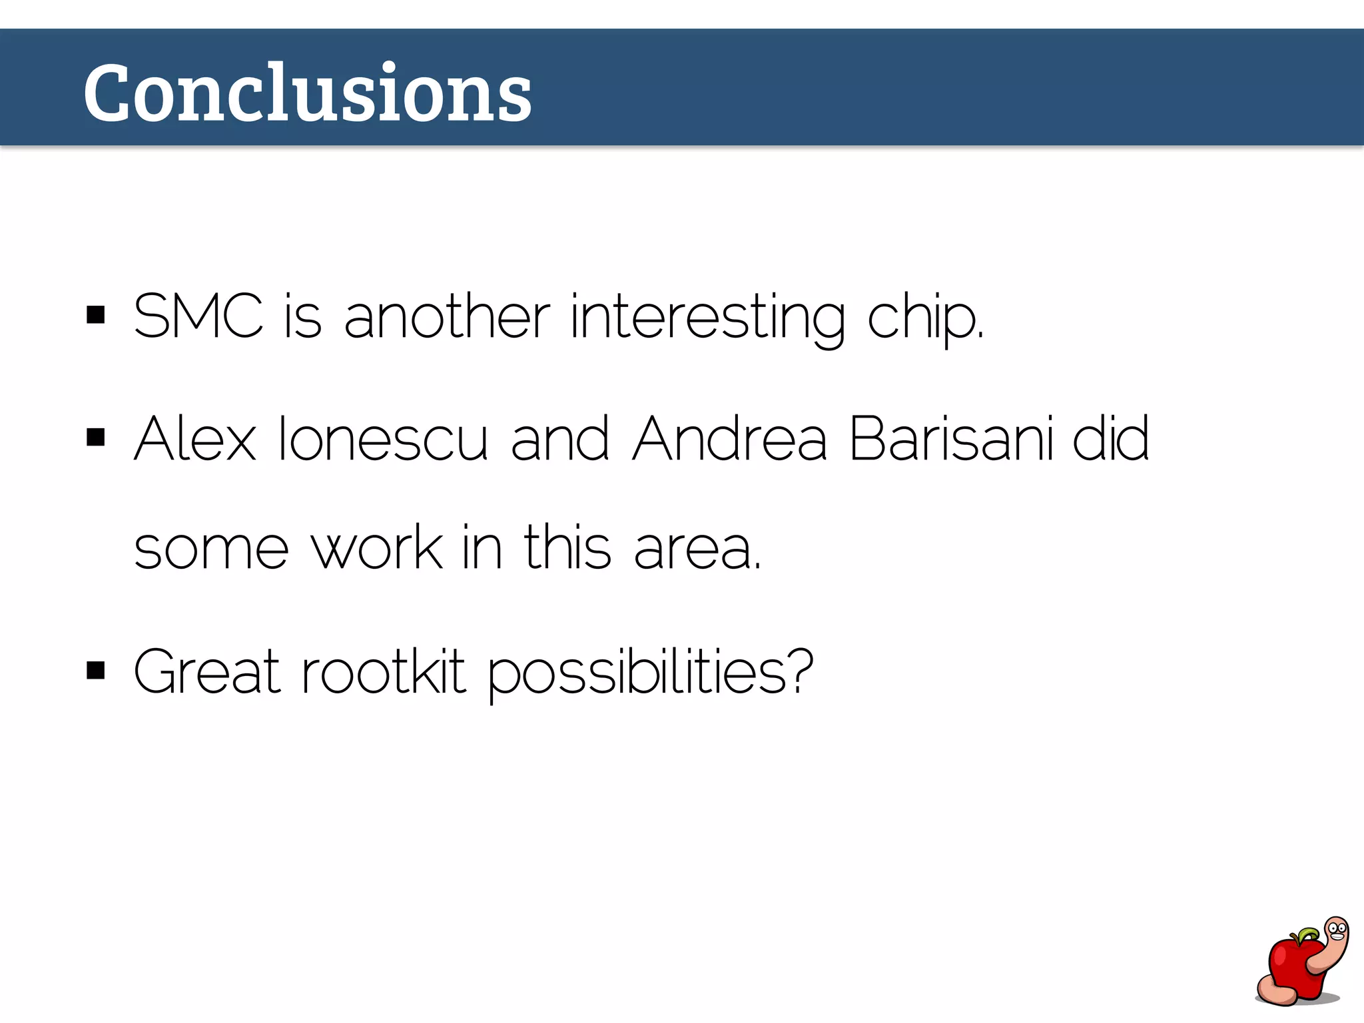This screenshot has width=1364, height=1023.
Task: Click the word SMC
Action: pyautogui.click(x=198, y=316)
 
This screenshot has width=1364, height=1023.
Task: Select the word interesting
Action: pyautogui.click(x=708, y=318)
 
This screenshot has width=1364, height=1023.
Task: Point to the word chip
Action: pyautogui.click(x=924, y=318)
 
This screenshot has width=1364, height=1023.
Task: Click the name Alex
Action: pyautogui.click(x=194, y=439)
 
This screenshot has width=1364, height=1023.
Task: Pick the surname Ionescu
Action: pyautogui.click(x=382, y=439)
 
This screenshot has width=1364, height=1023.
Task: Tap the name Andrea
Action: pyautogui.click(x=729, y=439)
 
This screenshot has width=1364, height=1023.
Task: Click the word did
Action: pyautogui.click(x=1110, y=439)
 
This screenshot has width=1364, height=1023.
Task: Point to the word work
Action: pyautogui.click(x=377, y=547)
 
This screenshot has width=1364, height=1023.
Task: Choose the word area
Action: pyautogui.click(x=696, y=549)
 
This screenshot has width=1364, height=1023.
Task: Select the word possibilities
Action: pyautogui.click(x=650, y=673)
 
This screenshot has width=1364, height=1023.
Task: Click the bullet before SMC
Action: pyautogui.click(x=96, y=315)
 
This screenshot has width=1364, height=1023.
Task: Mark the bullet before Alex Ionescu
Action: pyautogui.click(x=96, y=438)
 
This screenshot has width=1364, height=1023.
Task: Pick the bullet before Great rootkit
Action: pyautogui.click(x=96, y=671)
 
